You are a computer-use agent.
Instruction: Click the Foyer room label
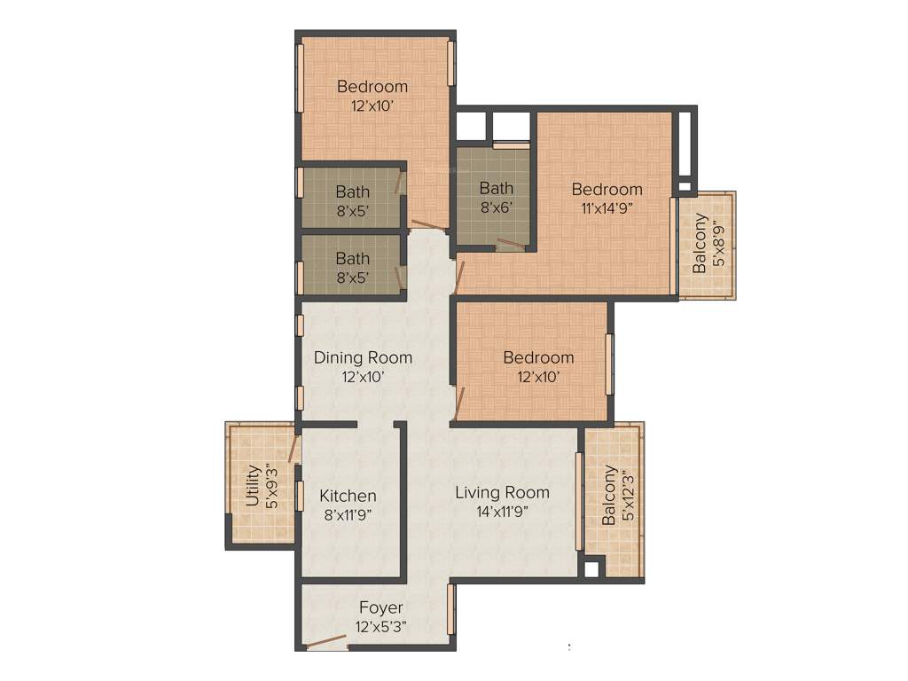[380, 607]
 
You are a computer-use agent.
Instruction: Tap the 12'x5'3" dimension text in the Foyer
[380, 626]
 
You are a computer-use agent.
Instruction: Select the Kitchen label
[348, 496]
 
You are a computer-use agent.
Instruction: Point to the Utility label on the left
[253, 486]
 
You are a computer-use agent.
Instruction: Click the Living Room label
[502, 492]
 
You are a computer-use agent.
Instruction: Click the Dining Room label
[363, 357]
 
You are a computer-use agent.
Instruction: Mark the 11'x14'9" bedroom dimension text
[607, 208]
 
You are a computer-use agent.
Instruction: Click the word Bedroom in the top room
[372, 86]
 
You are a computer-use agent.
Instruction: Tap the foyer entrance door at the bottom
[326, 642]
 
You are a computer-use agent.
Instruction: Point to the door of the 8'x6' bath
[510, 242]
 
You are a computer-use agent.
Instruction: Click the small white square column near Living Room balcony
[591, 568]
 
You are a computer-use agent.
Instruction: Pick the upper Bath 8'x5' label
[352, 191]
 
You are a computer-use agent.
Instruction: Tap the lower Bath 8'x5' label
[352, 259]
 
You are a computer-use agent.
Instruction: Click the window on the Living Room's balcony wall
[578, 500]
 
